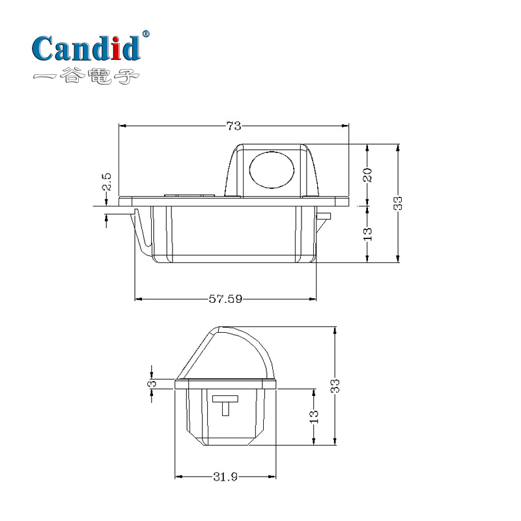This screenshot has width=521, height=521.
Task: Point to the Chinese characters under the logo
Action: pos(87,77)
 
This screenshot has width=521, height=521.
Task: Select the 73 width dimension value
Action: pos(233,126)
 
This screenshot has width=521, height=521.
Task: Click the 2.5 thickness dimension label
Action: pos(107,182)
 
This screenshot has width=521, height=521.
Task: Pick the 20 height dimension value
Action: pos(367,175)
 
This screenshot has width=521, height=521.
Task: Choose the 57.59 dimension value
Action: pos(225,299)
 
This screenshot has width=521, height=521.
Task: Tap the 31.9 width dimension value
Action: pos(225,476)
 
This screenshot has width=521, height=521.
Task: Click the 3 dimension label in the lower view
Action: pos(152,384)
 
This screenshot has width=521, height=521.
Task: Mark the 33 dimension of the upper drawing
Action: pos(399,203)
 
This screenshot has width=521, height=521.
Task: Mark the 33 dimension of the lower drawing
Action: pos(335,386)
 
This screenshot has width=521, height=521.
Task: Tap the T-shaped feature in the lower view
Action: pos(225,404)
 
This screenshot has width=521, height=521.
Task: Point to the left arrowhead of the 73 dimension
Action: pos(122,126)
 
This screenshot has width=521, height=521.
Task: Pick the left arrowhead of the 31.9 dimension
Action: pos(178,476)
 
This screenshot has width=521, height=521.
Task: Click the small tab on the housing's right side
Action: pos(324,217)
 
